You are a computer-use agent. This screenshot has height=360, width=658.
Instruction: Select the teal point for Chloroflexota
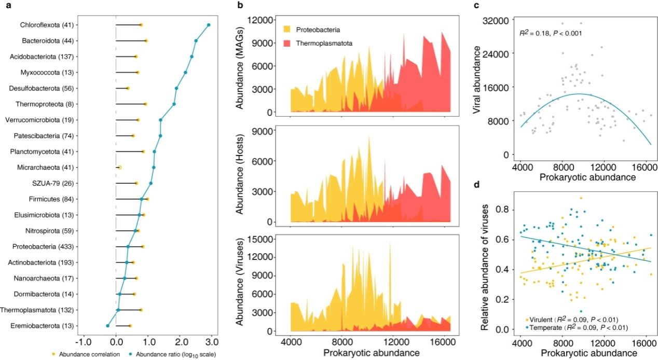pos(209,25)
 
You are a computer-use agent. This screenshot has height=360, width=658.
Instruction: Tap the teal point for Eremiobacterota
pos(107,326)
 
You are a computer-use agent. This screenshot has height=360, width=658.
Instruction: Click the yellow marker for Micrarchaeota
pos(120,168)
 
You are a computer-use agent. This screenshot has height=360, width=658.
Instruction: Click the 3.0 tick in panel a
pos(211,343)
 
